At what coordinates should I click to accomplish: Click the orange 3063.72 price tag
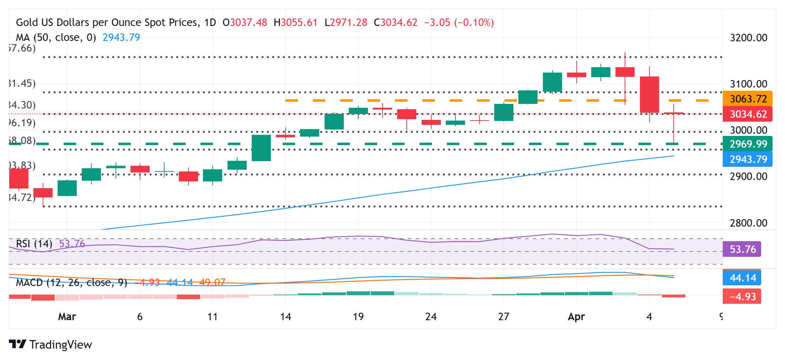pos(748,99)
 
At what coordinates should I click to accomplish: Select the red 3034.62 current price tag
pos(748,114)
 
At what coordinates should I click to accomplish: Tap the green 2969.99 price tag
pos(748,144)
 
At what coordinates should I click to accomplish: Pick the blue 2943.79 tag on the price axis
pos(748,159)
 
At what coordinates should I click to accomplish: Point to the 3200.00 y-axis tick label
pos(748,38)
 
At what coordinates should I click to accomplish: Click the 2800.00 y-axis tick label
pos(748,223)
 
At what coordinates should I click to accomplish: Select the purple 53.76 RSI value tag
pos(742,249)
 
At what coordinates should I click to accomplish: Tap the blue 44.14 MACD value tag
pos(742,278)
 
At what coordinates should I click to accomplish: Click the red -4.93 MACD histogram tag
pos(742,297)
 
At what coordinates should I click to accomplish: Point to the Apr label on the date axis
pos(576,317)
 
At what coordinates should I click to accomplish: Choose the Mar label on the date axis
pos(67,317)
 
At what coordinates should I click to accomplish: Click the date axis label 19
pos(358,317)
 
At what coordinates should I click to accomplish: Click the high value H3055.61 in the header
pos(295,22)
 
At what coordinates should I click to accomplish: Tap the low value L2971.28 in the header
pos(346,22)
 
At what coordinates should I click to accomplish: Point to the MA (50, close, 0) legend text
pos(56,37)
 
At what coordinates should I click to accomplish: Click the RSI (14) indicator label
pos(34,244)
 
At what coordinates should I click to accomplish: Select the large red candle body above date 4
pos(650,95)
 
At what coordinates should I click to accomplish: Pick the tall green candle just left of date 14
pos(261,148)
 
